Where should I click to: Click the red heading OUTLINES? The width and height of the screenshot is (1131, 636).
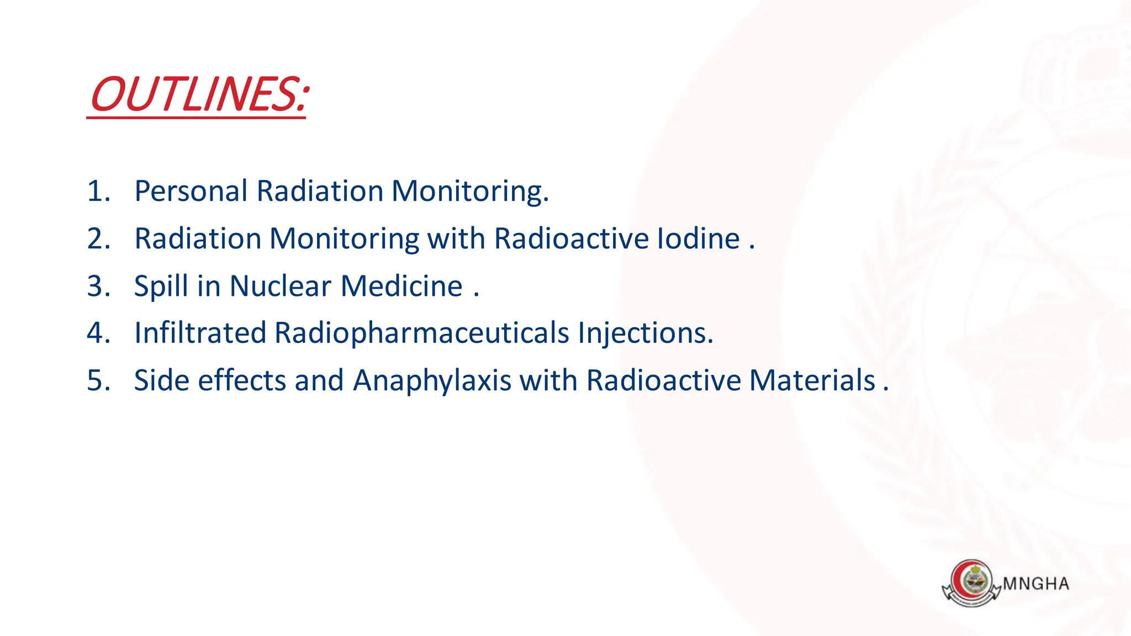(198, 94)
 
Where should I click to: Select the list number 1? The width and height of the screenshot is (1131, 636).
(96, 192)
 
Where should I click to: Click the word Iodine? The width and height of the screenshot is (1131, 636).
(698, 239)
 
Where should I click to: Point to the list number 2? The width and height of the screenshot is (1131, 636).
(96, 239)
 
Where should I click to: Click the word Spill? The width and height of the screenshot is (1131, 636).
(161, 287)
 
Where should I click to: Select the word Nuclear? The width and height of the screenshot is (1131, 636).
(281, 286)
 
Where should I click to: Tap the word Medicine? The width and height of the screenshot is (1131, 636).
(401, 286)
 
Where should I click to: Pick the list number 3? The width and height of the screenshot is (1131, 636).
(96, 286)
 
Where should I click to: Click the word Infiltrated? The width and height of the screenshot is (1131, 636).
(200, 333)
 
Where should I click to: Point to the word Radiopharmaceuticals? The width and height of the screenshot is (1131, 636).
(421, 333)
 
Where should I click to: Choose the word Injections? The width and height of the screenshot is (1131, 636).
(646, 333)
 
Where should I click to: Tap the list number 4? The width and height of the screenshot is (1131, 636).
(96, 333)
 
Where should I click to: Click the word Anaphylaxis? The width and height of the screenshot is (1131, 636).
(432, 381)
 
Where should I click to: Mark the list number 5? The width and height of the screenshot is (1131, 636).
(96, 380)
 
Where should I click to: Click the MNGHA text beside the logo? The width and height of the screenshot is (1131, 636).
(1036, 584)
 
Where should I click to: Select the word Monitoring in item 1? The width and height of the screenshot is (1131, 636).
(469, 192)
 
